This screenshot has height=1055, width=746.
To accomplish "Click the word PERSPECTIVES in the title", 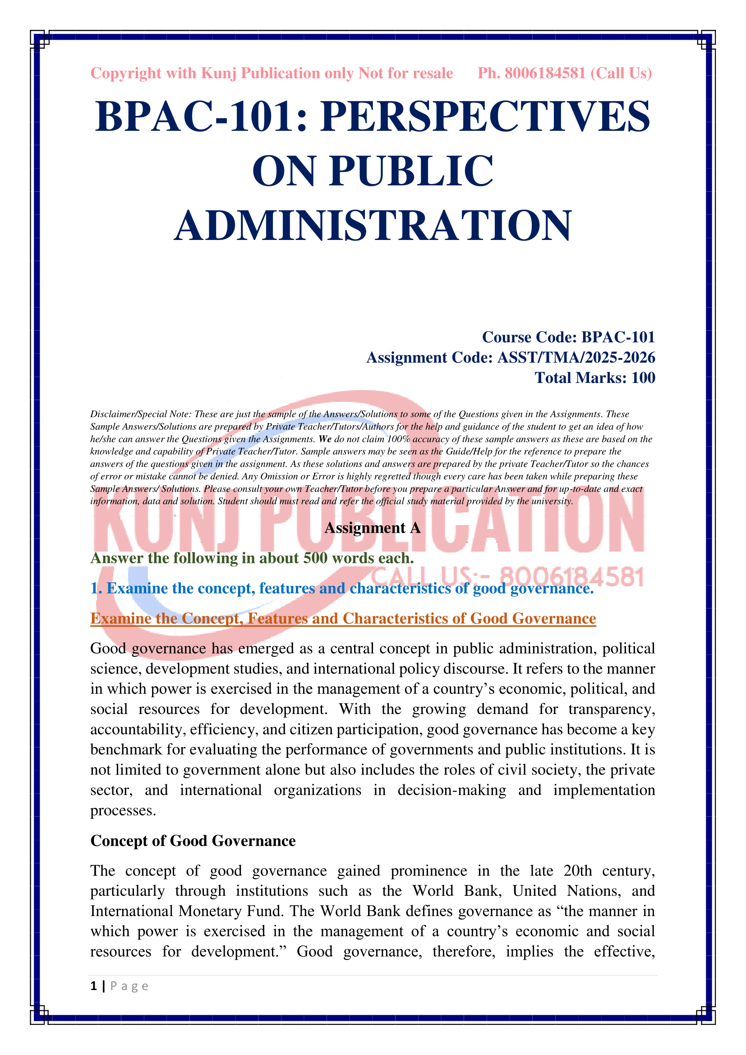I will pyautogui.click(x=486, y=117).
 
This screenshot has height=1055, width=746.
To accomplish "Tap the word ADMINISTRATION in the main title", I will pyautogui.click(x=373, y=225).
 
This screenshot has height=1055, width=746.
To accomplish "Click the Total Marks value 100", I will pyautogui.click(x=643, y=378).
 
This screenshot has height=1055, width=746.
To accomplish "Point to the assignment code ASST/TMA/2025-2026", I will pyautogui.click(x=576, y=358).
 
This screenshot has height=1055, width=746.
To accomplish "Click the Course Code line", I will pyautogui.click(x=568, y=337).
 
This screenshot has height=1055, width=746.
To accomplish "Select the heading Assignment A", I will pyautogui.click(x=373, y=528).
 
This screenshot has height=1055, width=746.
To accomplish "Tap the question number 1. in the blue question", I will pyautogui.click(x=96, y=588).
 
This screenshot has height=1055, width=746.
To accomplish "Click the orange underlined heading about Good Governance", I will pyautogui.click(x=343, y=618).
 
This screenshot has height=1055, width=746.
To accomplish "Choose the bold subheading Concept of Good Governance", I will pyautogui.click(x=193, y=841).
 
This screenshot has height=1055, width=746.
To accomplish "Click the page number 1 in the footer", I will pyautogui.click(x=94, y=986).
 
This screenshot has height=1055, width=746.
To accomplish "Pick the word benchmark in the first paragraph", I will pyautogui.click(x=126, y=750).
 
